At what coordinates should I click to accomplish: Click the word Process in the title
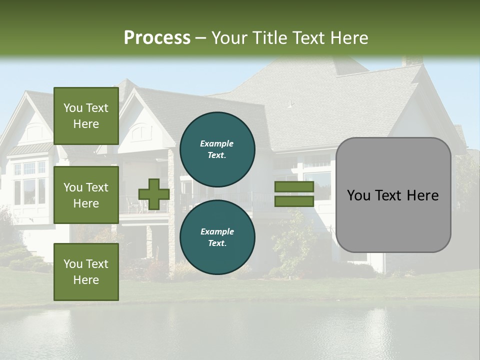(157, 37)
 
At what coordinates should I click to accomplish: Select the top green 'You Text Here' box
(86, 116)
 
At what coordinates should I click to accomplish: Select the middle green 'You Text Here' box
(86, 195)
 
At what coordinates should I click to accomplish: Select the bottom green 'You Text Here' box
(86, 272)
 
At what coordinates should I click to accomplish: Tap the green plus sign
(154, 194)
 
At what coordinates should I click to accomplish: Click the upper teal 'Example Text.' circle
(217, 149)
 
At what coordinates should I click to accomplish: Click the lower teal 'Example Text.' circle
(217, 237)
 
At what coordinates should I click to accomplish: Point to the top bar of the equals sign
(294, 187)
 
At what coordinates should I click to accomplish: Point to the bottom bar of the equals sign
(294, 201)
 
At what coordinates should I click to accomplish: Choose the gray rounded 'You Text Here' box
(393, 195)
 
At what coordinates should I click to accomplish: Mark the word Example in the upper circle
(217, 143)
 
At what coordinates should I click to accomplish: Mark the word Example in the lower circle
(217, 231)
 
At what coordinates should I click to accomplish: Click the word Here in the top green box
(86, 124)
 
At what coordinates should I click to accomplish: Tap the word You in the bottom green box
(73, 264)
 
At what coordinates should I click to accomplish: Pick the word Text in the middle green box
(97, 187)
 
